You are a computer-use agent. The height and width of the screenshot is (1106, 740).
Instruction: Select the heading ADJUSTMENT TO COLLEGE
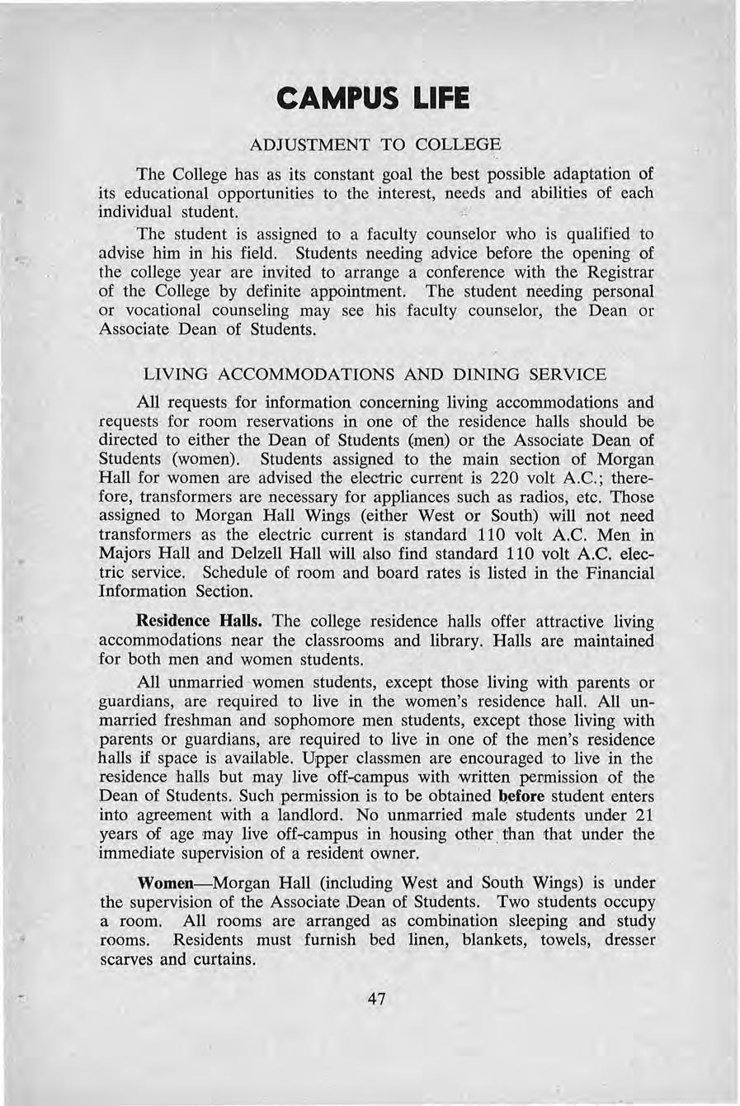(375, 145)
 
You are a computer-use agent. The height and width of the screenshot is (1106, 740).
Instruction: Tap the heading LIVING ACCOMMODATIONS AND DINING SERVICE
(375, 374)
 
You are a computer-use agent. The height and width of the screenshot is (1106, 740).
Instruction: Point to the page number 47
(376, 999)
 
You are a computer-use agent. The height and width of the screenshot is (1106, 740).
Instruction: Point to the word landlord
(319, 815)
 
